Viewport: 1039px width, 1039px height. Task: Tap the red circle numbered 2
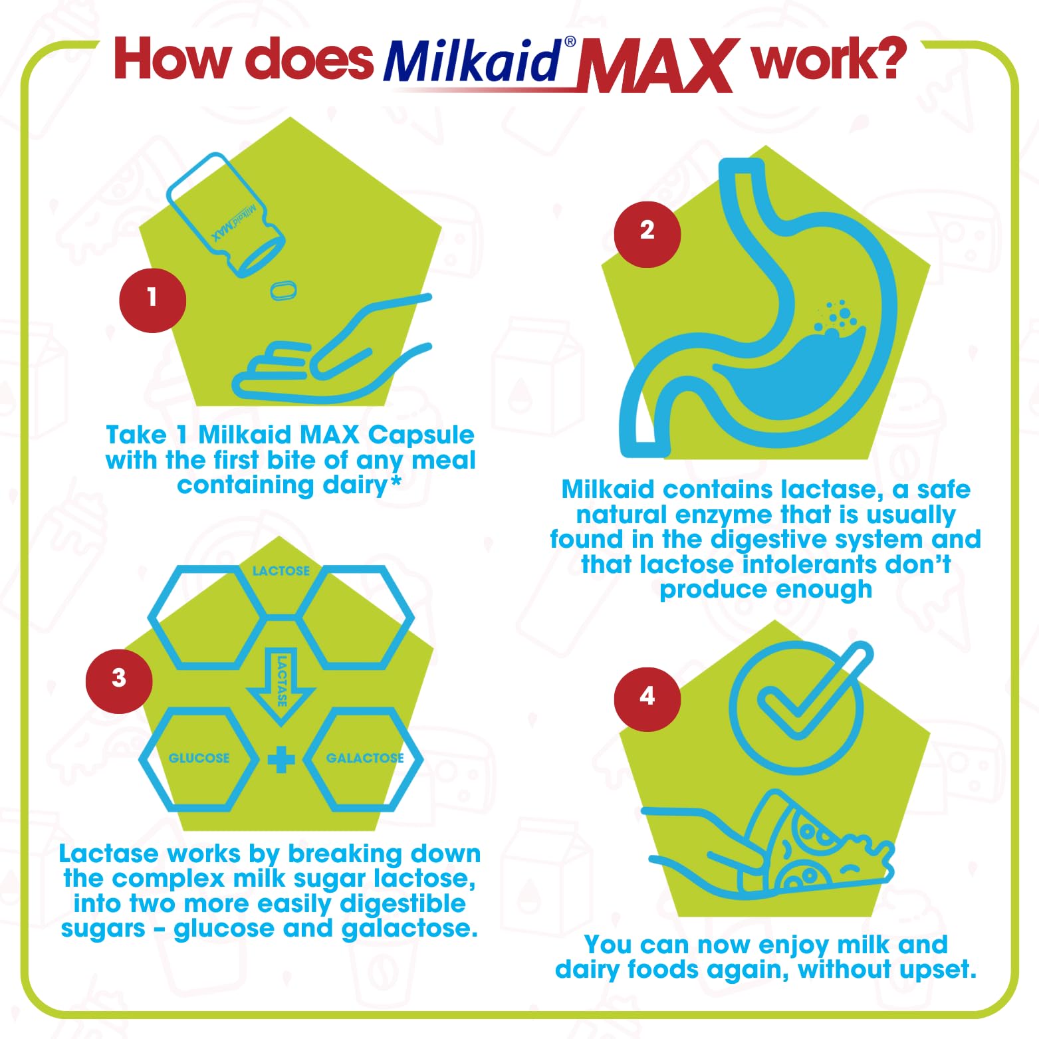647,233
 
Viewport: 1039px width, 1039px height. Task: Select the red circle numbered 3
119,680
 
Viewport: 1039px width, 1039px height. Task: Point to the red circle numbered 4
647,699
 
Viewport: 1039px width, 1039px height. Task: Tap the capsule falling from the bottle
283,290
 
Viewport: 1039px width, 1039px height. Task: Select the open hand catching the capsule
332,359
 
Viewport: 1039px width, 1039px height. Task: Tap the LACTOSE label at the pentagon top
281,571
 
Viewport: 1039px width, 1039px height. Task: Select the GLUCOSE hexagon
198,758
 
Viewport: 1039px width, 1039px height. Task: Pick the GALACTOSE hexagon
364,758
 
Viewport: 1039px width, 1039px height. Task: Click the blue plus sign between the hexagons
281,760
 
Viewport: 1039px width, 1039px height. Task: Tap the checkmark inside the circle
808,698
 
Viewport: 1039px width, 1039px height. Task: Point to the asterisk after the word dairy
396,480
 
